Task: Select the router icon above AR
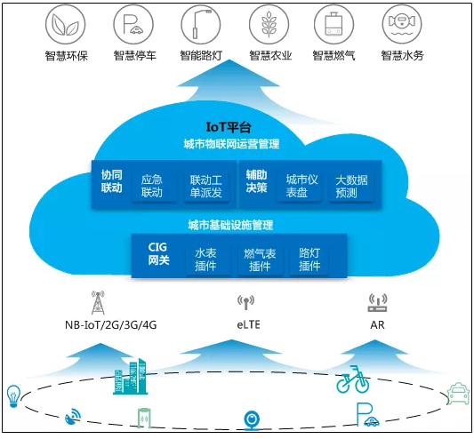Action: pos(377,304)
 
